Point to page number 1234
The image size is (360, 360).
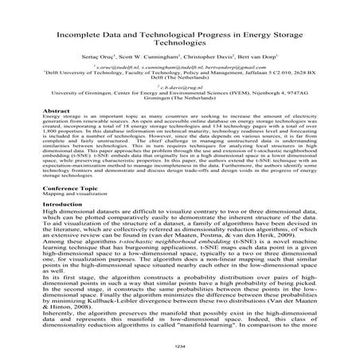180,347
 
